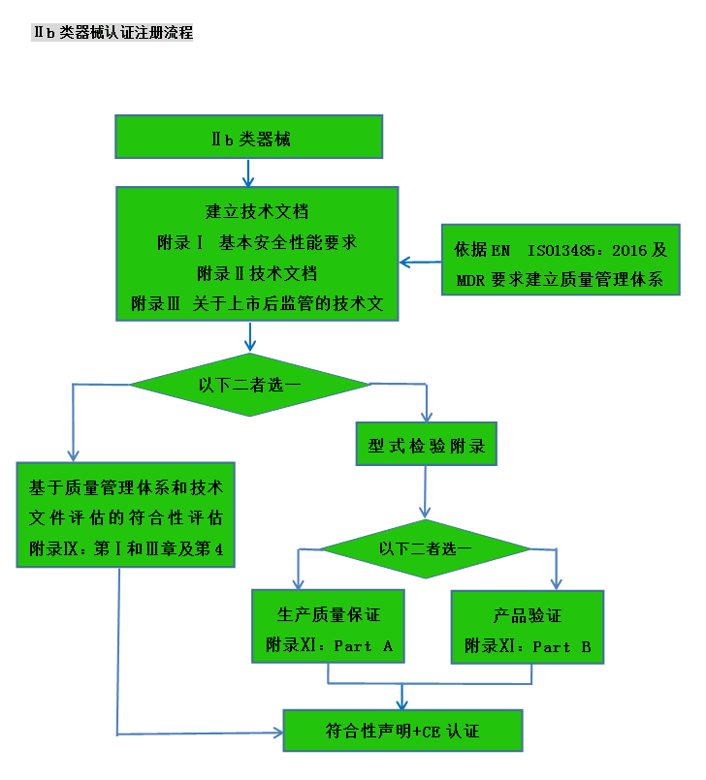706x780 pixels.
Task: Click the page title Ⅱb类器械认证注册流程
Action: [x=113, y=32]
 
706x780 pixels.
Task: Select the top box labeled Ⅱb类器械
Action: [x=248, y=137]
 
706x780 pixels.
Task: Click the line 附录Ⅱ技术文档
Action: [x=257, y=273]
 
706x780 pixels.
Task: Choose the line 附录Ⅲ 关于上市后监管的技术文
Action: [x=257, y=304]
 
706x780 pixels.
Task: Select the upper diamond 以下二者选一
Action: [x=250, y=385]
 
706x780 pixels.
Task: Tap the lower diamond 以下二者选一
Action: [x=426, y=548]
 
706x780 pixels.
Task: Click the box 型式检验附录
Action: [x=426, y=447]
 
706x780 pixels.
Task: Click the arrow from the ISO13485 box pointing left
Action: [x=420, y=262]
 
